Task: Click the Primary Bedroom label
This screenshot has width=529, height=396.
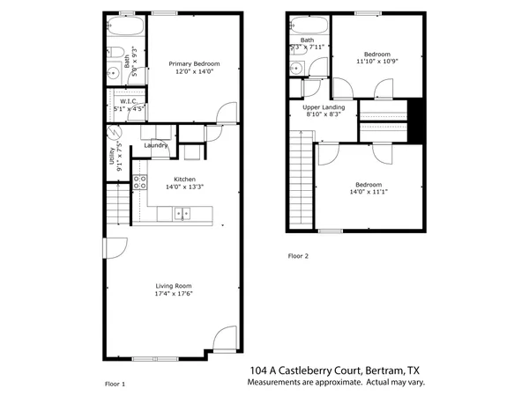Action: (x=194, y=63)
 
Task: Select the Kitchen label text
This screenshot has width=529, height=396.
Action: (x=173, y=179)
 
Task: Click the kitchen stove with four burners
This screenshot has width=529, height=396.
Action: (x=138, y=183)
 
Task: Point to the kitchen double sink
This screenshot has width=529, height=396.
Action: (x=182, y=212)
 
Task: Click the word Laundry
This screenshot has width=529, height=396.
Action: (x=156, y=145)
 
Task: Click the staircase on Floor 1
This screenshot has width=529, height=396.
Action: (x=114, y=205)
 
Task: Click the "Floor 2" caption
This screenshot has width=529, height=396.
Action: (x=299, y=256)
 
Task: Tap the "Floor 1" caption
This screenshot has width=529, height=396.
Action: (x=115, y=384)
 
